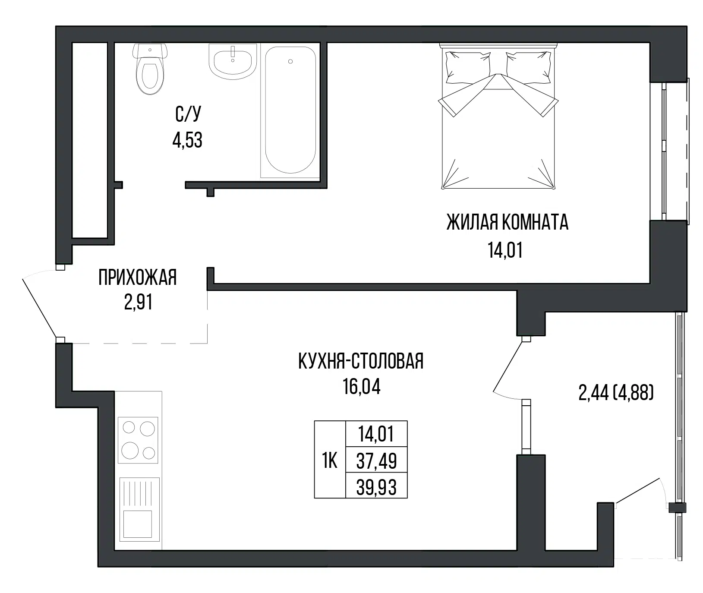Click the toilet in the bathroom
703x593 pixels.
[149, 69]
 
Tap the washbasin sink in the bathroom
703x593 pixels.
[233, 61]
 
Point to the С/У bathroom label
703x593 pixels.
[188, 114]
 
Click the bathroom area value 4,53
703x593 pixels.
[188, 140]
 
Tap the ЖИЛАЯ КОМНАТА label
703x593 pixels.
[507, 223]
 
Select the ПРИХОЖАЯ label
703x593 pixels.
[138, 277]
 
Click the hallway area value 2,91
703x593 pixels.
[138, 302]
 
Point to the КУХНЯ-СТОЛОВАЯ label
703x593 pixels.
[361, 361]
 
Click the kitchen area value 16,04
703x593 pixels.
[362, 386]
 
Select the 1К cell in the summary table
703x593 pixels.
[330, 461]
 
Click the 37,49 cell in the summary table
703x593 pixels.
[377, 461]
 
